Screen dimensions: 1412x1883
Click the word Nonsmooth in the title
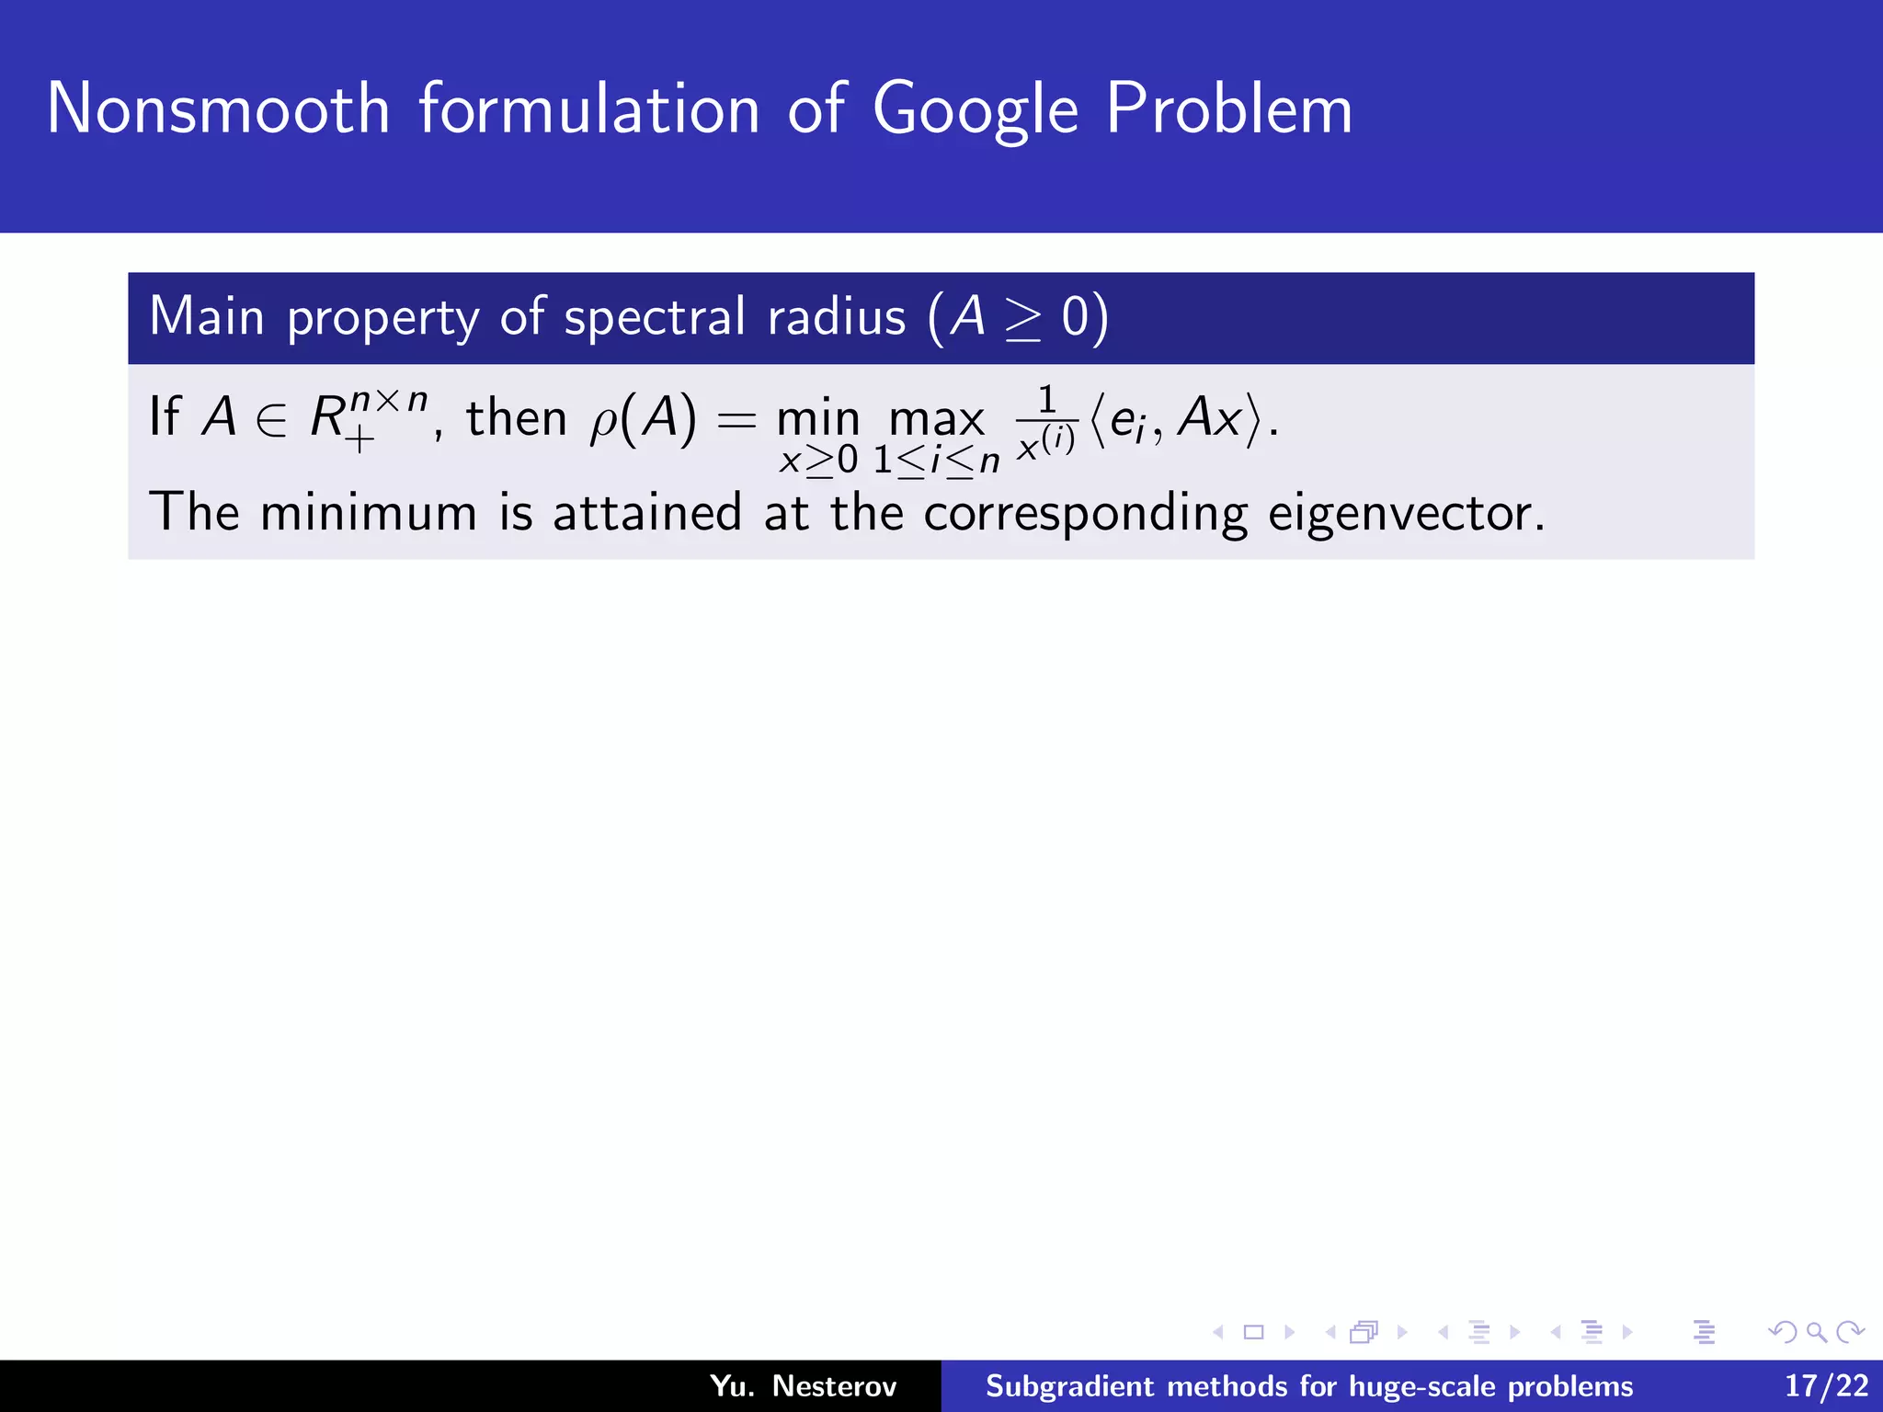pyautogui.click(x=219, y=109)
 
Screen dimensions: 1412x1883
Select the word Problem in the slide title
pyautogui.click(x=1228, y=109)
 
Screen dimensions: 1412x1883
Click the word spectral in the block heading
pyautogui.click(x=655, y=317)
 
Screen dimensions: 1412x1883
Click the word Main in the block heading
pyautogui.click(x=207, y=317)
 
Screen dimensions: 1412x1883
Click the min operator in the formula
pyautogui.click(x=818, y=420)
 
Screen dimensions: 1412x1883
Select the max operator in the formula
pyautogui.click(x=936, y=420)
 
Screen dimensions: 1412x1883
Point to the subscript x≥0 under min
pyautogui.click(x=818, y=461)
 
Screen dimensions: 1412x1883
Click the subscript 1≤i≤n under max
pyautogui.click(x=936, y=461)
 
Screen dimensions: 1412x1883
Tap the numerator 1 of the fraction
pyautogui.click(x=1046, y=400)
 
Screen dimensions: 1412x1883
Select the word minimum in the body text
pyautogui.click(x=369, y=513)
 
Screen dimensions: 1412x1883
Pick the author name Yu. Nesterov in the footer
pyautogui.click(x=803, y=1386)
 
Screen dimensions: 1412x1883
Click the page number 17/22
pyautogui.click(x=1826, y=1386)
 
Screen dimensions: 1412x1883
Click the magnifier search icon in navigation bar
pyautogui.click(x=1816, y=1332)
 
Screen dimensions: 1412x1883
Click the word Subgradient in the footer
pyautogui.click(x=1069, y=1386)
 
